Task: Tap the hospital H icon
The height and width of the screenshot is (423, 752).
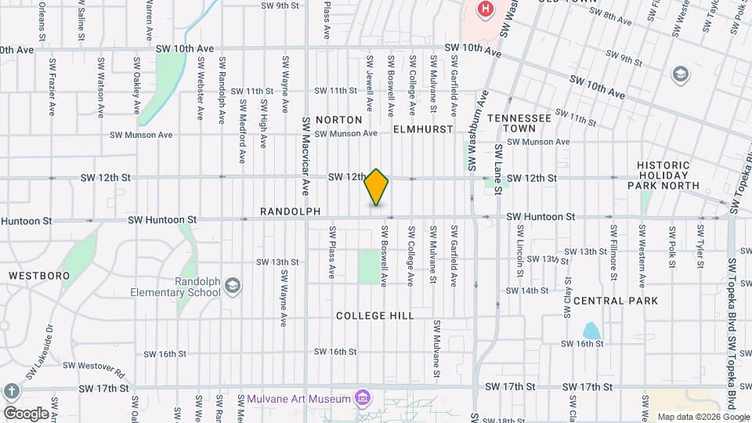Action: click(x=486, y=9)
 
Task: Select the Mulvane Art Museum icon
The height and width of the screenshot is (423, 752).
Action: click(x=363, y=399)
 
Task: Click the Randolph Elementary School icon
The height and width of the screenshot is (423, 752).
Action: click(x=232, y=286)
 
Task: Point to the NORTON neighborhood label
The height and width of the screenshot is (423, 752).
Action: click(x=339, y=120)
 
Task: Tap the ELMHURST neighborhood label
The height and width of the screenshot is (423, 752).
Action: click(x=423, y=128)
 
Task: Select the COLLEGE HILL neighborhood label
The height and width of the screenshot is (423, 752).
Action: click(x=374, y=315)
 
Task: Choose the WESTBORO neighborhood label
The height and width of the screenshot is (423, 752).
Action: click(x=39, y=276)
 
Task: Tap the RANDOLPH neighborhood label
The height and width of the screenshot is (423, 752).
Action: click(x=291, y=211)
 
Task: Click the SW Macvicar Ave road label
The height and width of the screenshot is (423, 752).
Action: click(x=306, y=156)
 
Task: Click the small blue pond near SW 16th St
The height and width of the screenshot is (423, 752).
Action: click(x=591, y=331)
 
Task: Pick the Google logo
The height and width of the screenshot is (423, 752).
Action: click(x=25, y=413)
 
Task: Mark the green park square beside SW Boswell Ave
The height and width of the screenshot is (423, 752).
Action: click(x=369, y=266)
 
